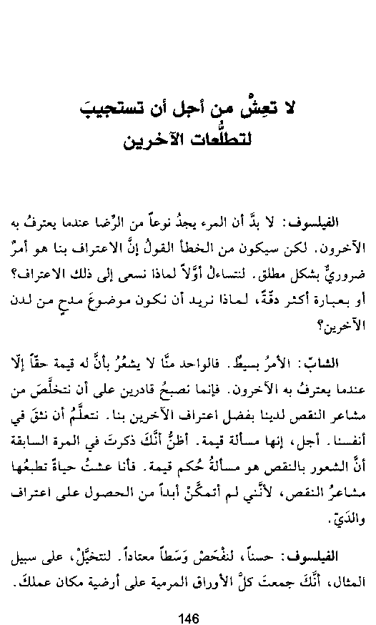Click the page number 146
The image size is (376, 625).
click(188, 599)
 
